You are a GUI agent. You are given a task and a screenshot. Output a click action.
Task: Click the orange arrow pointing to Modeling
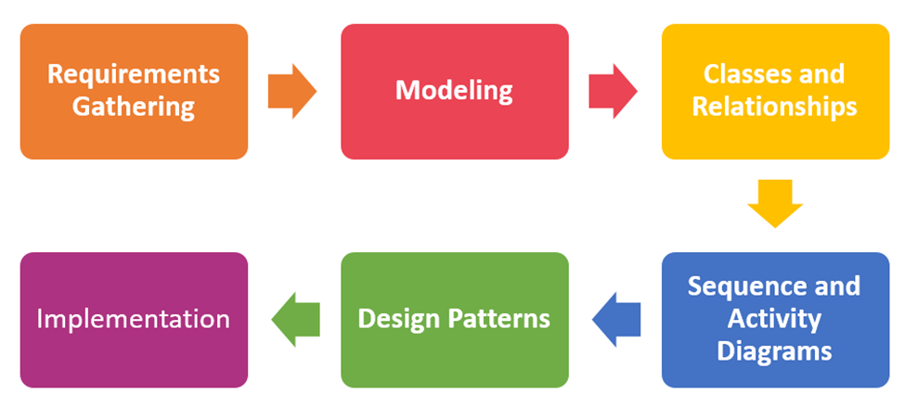click(x=291, y=91)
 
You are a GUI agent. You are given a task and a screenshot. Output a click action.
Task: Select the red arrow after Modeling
click(x=613, y=91)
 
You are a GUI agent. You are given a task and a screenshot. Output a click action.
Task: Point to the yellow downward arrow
click(x=774, y=203)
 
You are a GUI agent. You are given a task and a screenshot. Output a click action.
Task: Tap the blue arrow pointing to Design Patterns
click(x=615, y=320)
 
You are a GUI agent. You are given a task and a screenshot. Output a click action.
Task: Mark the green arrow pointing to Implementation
click(x=295, y=320)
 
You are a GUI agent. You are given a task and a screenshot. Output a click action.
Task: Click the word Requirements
click(x=134, y=73)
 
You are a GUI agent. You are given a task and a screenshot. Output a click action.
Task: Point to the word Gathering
click(x=134, y=107)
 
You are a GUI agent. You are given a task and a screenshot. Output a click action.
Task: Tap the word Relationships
click(x=774, y=107)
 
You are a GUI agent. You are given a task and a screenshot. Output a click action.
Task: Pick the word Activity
click(x=774, y=319)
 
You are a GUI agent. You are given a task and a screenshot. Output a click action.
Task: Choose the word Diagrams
click(x=774, y=352)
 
